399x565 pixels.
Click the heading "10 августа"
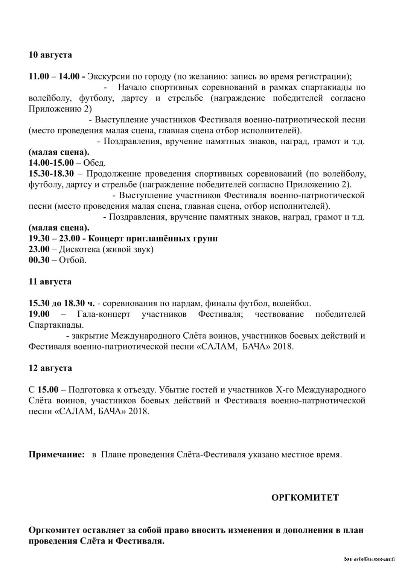(x=50, y=55)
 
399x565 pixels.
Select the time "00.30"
(x=39, y=260)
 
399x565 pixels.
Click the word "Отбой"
(x=73, y=260)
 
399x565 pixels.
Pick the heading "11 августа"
(x=50, y=282)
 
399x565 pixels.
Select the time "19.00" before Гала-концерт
(x=39, y=314)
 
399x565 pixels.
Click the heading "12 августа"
(x=50, y=368)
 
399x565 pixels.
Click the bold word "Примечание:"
(x=57, y=455)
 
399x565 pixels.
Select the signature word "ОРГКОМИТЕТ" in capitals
(x=305, y=498)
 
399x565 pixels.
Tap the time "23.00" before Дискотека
(x=39, y=249)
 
